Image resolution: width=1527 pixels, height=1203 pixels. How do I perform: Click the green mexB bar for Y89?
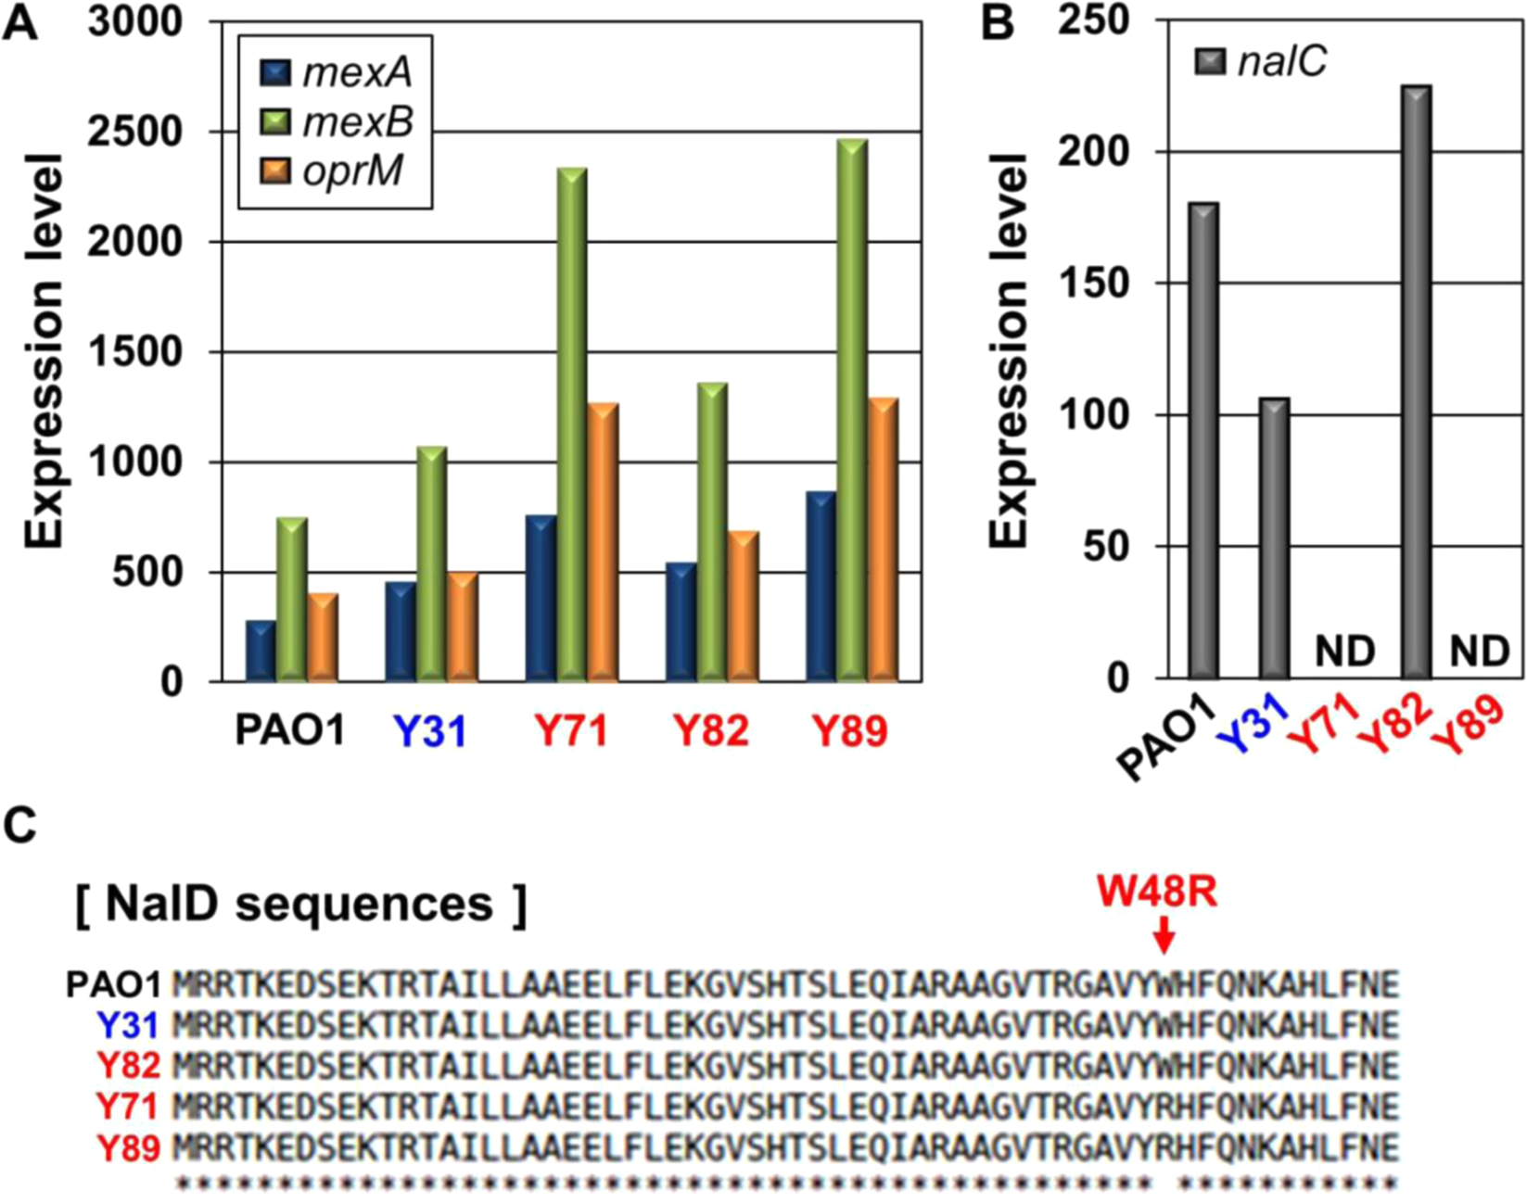pos(852,412)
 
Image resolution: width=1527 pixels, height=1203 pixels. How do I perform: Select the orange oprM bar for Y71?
pos(602,542)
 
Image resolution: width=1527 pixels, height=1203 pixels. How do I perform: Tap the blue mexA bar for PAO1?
pos(261,652)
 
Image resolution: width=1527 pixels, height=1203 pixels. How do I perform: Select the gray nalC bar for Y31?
pos(1274,538)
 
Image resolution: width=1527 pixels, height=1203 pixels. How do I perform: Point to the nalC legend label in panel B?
pos(1281,62)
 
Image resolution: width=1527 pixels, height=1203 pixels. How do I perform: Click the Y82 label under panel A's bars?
pos(711,732)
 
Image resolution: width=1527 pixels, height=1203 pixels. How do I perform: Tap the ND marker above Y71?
pos(1344,652)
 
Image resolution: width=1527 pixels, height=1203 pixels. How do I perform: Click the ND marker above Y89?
pos(1479,652)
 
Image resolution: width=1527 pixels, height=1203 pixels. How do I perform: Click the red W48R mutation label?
pos(1156,893)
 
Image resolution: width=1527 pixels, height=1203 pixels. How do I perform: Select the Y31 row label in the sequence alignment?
pos(128,1025)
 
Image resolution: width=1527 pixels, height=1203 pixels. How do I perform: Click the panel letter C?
pos(20,823)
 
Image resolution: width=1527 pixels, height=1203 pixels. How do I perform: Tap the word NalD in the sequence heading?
pos(156,903)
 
